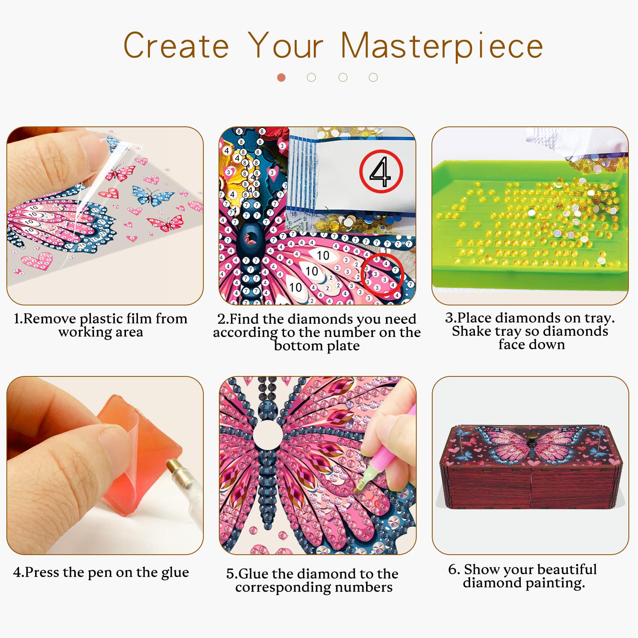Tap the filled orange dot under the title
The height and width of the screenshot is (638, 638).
(282, 77)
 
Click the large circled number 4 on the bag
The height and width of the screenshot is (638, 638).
(381, 171)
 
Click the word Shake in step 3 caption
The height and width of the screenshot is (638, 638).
(474, 331)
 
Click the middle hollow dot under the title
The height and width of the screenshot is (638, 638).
(343, 77)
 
